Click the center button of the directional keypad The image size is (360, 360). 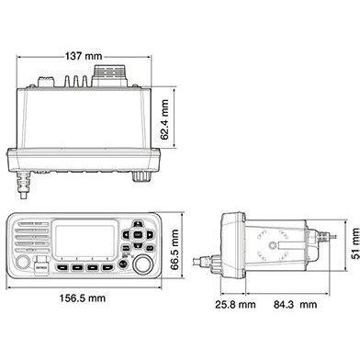(136, 236)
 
